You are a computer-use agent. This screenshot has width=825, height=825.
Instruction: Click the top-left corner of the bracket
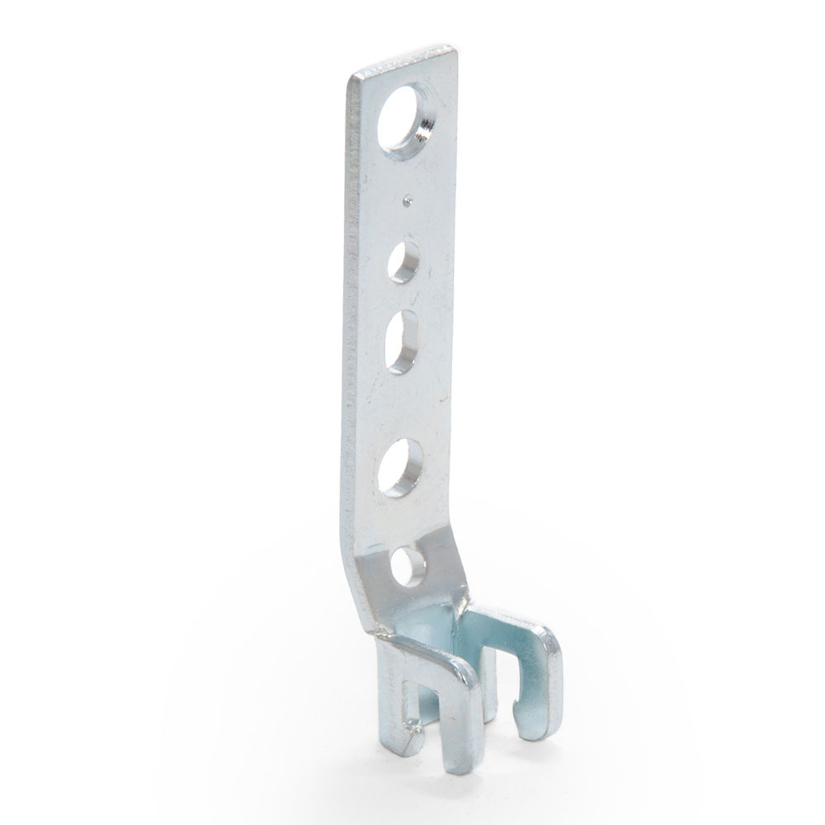point(350,76)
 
